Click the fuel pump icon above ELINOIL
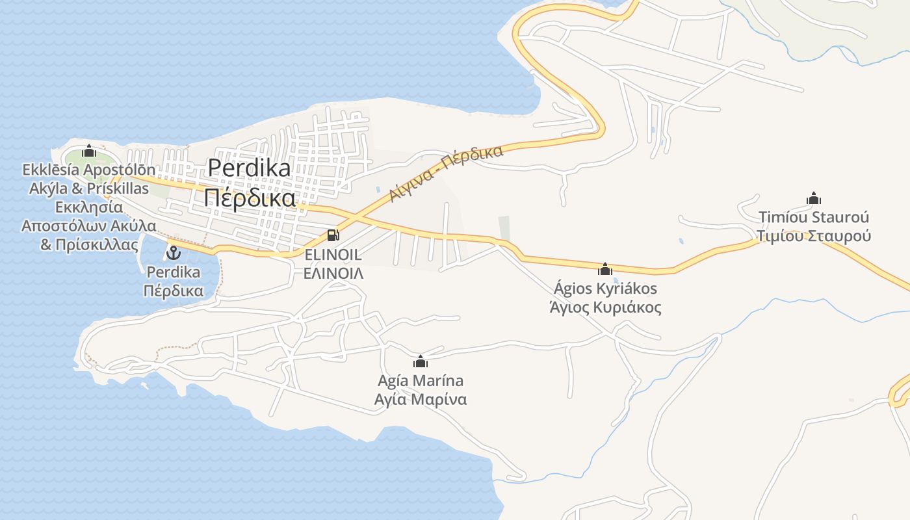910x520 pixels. point(333,235)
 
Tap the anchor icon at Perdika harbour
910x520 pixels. point(174,252)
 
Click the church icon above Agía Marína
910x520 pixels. point(421,361)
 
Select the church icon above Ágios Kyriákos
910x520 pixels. point(605,269)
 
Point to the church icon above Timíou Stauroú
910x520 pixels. point(813,198)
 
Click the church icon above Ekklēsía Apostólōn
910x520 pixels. point(89,151)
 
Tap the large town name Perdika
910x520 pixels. point(249,168)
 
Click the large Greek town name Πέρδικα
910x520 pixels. point(249,198)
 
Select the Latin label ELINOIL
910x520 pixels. point(333,255)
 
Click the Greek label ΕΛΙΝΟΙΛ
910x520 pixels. point(333,273)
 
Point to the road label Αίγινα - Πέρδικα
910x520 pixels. point(447,174)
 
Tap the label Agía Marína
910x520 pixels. point(421,380)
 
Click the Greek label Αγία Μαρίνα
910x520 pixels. point(421,398)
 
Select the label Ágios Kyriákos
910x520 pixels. point(605,288)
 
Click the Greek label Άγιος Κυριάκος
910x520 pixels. point(605,307)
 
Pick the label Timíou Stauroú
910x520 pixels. point(813,217)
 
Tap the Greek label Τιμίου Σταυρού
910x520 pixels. point(813,235)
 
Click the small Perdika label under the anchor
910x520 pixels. point(174,272)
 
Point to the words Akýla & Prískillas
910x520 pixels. point(89,188)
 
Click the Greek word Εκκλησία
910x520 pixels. point(89,207)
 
